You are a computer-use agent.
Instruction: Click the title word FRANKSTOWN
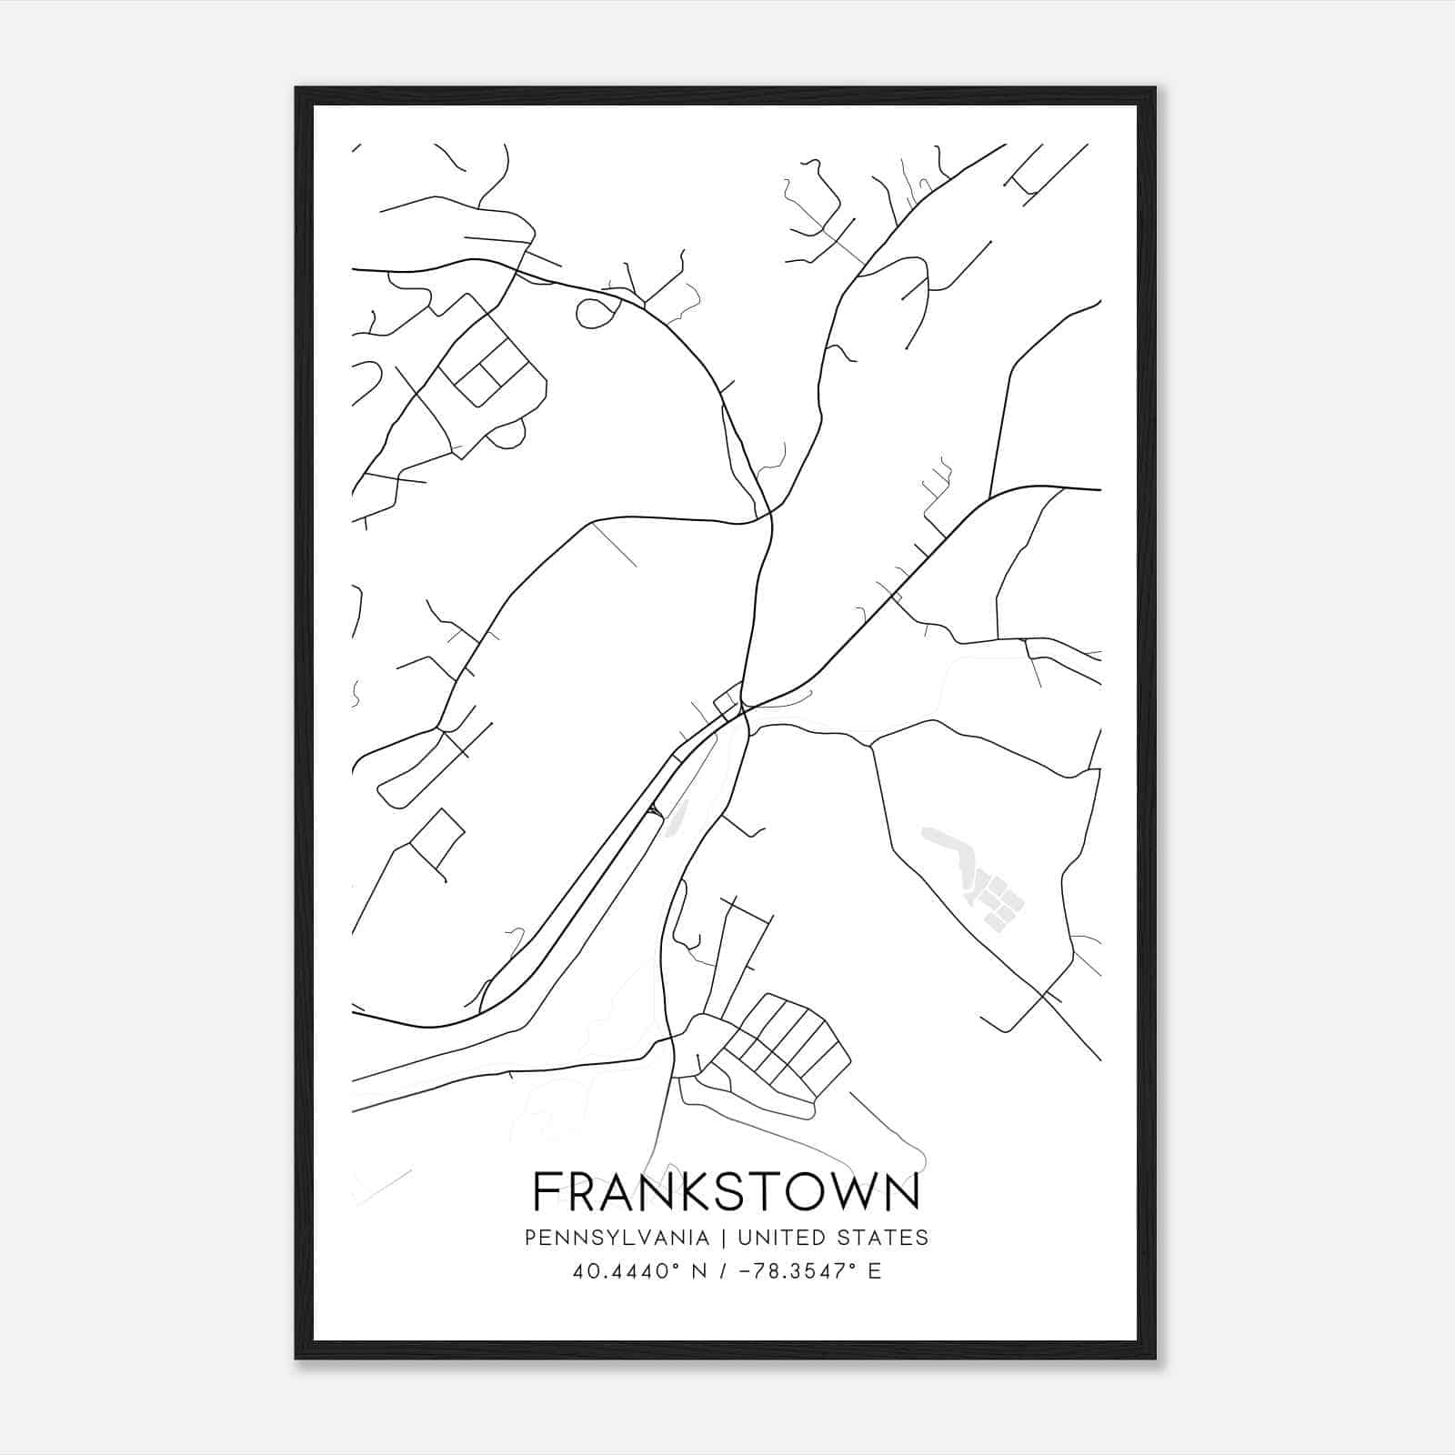[x=726, y=1192]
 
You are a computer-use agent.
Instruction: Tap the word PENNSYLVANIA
[x=617, y=1238]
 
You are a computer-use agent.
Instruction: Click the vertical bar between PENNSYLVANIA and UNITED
[x=724, y=1238]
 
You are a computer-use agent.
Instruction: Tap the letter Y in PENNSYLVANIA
[x=598, y=1238]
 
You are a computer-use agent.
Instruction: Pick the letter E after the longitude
[x=875, y=1270]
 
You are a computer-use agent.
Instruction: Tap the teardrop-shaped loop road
[x=596, y=312]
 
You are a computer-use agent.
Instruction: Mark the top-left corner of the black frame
[x=296, y=88]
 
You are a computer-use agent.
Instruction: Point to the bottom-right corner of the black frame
[x=1155, y=1359]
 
